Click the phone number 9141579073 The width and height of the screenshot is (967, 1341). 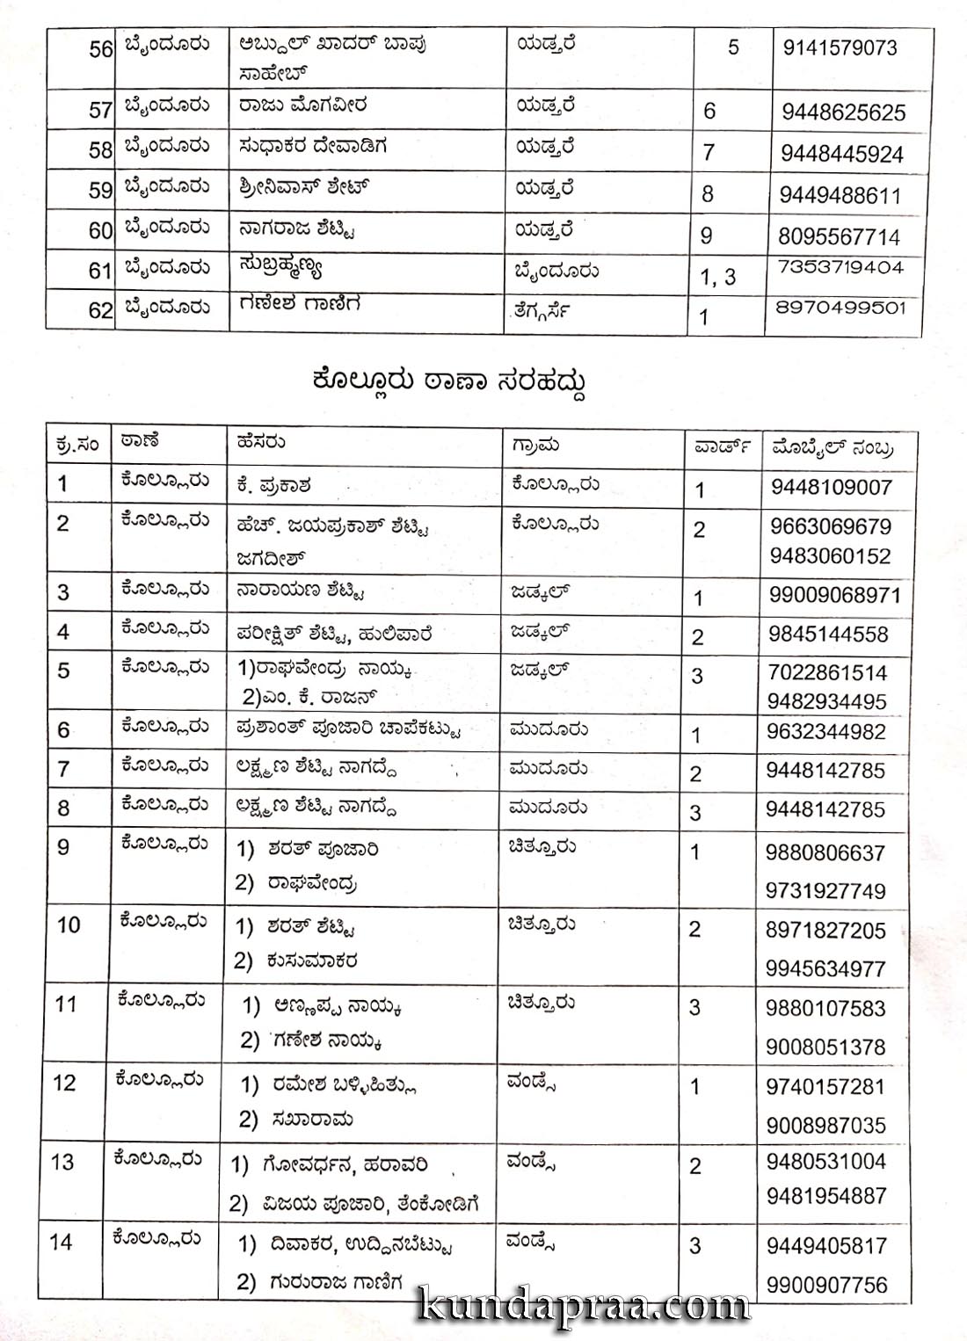coord(840,47)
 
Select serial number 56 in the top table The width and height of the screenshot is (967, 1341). coord(101,49)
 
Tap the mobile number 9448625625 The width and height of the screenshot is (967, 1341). coord(843,112)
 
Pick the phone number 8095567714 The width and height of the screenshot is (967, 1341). coord(839,236)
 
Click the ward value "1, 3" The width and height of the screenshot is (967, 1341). coord(717,278)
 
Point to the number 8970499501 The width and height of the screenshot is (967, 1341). coord(840,308)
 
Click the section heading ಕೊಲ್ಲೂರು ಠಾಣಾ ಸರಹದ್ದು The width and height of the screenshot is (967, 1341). coord(448,381)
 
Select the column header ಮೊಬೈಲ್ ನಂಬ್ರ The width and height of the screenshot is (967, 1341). coord(832,447)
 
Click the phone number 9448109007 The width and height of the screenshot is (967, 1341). coord(831,488)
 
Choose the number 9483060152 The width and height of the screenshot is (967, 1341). coord(830,556)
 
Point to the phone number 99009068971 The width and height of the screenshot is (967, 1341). coord(834,595)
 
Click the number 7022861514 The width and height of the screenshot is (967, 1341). coord(827,673)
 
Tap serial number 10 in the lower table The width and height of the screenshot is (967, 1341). coord(68,924)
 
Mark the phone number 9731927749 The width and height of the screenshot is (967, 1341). coord(825,891)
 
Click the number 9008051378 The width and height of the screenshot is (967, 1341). coord(825,1047)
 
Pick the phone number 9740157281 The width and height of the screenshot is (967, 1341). coord(825,1086)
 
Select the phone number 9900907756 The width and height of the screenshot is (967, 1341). coord(826,1285)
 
